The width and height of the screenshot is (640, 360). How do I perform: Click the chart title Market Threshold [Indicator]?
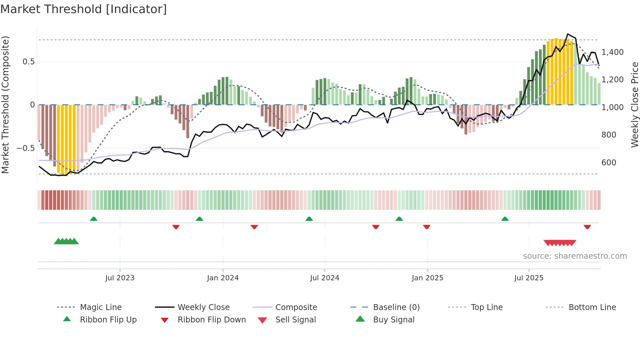click(84, 9)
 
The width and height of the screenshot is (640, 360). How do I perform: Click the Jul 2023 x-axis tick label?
click(120, 278)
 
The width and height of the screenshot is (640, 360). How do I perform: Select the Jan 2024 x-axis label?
click(223, 278)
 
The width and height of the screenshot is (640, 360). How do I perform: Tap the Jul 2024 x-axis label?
click(325, 278)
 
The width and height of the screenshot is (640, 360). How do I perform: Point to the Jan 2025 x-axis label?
click(427, 278)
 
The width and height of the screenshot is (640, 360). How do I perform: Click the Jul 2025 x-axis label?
click(529, 278)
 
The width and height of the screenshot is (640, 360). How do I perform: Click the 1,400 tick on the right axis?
click(612, 52)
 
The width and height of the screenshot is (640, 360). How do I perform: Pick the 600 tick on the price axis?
click(609, 163)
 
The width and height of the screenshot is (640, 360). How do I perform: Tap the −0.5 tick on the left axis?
click(25, 148)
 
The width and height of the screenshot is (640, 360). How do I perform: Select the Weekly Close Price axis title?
click(634, 105)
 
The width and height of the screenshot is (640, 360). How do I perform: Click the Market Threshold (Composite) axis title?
click(5, 105)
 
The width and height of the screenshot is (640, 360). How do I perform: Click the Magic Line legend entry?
click(101, 307)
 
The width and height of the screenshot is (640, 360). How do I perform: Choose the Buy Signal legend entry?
click(393, 320)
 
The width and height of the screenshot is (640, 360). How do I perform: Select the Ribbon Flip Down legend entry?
click(211, 320)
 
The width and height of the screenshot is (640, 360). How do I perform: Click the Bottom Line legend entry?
click(592, 307)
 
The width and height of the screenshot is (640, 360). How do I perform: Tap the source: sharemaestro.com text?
click(575, 256)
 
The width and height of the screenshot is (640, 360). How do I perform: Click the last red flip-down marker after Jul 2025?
click(587, 227)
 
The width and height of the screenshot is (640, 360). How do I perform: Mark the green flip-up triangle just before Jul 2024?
click(309, 219)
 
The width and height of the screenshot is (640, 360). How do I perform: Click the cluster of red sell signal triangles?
click(560, 243)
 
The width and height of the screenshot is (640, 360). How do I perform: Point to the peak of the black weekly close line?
click(568, 34)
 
